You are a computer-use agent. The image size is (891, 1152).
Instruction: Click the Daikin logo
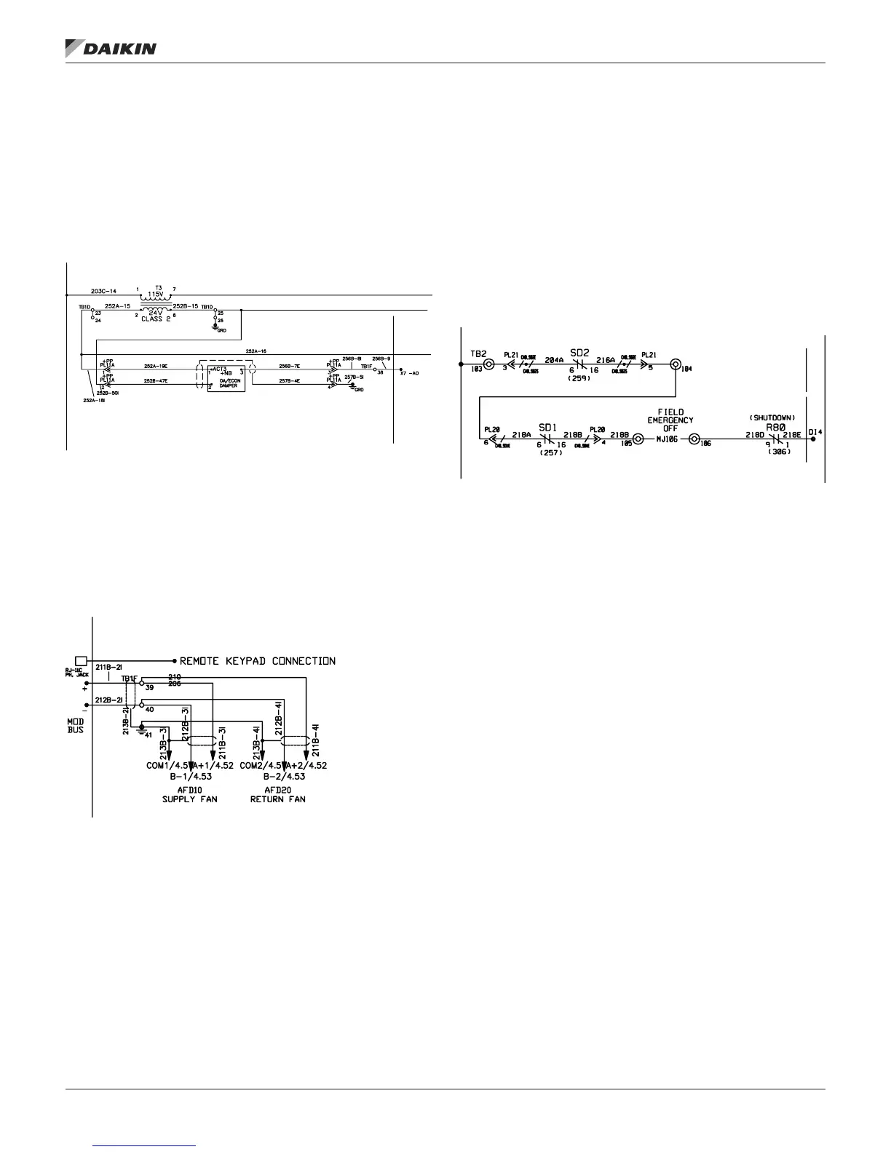click(111, 48)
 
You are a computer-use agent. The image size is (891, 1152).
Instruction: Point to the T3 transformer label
click(157, 288)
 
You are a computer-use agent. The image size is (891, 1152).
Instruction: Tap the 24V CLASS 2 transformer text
click(155, 316)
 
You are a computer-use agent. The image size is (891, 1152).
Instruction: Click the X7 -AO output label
click(410, 372)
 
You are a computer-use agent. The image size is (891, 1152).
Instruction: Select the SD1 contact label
click(547, 428)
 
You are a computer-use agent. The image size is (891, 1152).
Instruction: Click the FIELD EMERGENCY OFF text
click(670, 420)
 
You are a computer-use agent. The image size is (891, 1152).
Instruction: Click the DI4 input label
click(815, 433)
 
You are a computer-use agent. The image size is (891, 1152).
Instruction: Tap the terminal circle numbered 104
click(676, 364)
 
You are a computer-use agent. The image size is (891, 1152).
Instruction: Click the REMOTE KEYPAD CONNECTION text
click(258, 661)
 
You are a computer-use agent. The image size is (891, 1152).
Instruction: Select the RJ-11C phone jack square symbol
click(82, 660)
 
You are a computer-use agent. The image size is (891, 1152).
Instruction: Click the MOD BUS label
click(76, 725)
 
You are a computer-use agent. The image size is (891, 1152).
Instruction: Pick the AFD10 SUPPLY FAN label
click(189, 795)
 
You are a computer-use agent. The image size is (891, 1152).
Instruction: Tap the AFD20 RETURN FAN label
click(278, 795)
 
